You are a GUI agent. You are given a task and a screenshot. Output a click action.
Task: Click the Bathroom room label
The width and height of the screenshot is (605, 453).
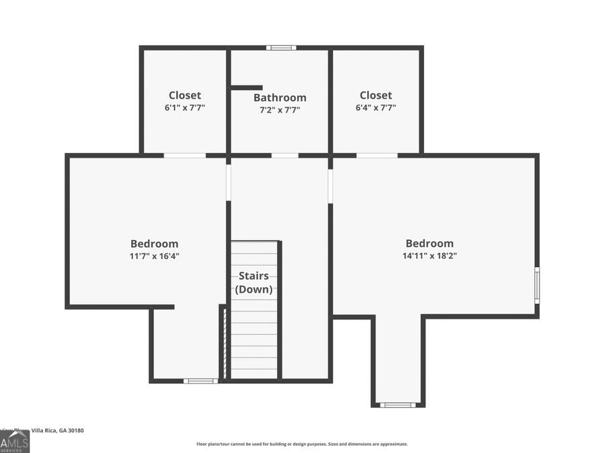(280, 97)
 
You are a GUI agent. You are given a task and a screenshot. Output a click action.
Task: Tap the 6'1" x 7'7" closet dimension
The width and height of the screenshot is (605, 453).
(185, 107)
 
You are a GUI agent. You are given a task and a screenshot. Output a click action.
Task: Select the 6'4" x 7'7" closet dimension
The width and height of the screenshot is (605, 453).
(376, 107)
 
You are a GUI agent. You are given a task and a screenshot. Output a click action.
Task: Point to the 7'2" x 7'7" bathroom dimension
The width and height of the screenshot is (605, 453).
(280, 109)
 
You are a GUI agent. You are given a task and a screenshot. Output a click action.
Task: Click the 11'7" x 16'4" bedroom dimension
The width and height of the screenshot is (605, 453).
(155, 256)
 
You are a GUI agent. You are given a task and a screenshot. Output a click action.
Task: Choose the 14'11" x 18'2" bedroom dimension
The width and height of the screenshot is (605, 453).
(430, 256)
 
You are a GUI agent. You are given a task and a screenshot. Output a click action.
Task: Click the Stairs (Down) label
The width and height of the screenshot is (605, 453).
(253, 283)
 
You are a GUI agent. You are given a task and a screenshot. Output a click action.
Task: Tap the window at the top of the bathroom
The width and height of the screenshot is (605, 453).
(280, 48)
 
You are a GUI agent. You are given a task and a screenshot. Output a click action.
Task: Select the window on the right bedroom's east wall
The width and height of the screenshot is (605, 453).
(536, 285)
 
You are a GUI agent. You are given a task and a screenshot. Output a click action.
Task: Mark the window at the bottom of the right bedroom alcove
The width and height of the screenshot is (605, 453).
(397, 405)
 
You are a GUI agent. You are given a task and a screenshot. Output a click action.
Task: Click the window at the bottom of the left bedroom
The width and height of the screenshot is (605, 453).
(200, 381)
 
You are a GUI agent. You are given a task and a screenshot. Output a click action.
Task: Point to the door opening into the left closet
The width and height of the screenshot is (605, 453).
(185, 156)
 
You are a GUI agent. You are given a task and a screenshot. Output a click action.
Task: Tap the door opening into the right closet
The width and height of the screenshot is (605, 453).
(376, 156)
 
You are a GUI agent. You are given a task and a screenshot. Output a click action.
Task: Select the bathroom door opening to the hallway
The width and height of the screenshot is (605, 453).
(285, 156)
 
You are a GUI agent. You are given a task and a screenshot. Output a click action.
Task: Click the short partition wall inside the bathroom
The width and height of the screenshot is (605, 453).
(246, 87)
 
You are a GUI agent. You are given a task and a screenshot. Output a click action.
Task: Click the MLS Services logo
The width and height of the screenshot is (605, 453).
(14, 442)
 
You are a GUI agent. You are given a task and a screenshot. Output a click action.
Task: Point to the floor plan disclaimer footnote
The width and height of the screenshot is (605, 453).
(302, 444)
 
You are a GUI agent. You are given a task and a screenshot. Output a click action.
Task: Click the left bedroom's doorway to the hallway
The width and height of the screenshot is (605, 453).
(229, 183)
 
